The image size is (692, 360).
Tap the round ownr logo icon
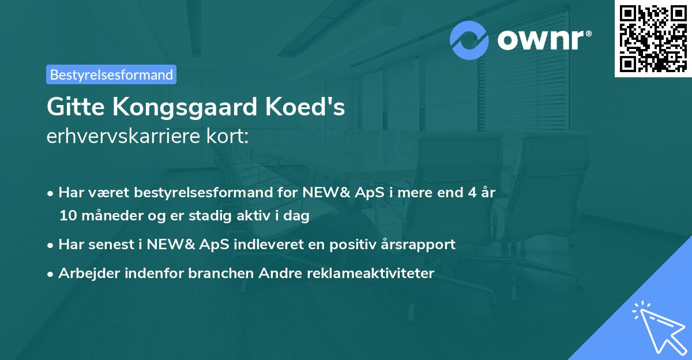pyautogui.click(x=470, y=40)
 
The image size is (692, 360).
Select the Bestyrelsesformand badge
pyautogui.click(x=111, y=74)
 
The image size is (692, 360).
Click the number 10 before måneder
pyautogui.click(x=67, y=216)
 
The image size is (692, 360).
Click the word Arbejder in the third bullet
pyautogui.click(x=85, y=273)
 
